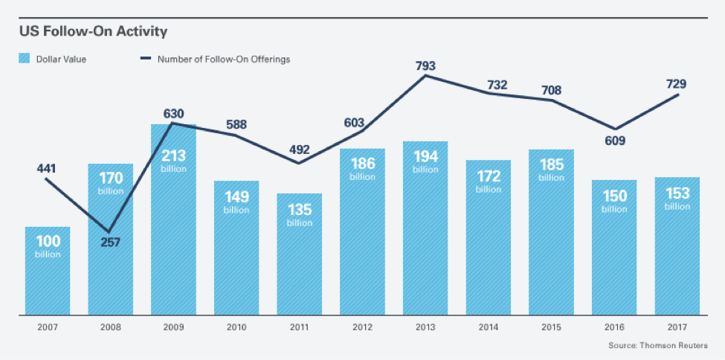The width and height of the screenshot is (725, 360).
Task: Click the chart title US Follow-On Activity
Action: [93, 31]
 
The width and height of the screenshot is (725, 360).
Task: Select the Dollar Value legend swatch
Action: [25, 59]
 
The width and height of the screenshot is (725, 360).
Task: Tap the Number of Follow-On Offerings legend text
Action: [224, 59]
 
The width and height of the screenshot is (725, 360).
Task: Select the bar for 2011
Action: [299, 260]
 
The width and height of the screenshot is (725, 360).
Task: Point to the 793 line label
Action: [425, 65]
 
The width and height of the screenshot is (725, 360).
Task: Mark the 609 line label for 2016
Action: [614, 141]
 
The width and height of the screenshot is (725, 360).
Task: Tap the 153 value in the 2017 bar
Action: [677, 193]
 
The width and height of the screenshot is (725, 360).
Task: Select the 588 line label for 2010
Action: [236, 124]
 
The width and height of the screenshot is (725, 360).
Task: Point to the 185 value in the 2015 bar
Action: [551, 164]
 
